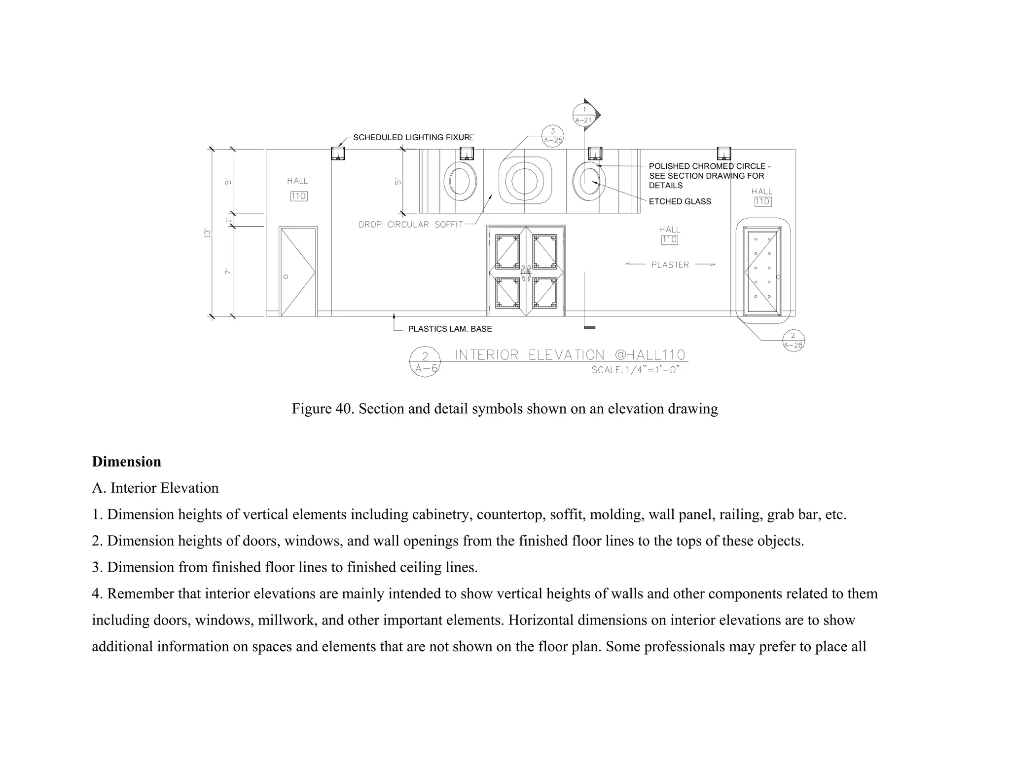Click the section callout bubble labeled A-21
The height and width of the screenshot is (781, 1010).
click(x=584, y=115)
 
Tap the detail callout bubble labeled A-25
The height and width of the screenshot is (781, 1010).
click(x=552, y=135)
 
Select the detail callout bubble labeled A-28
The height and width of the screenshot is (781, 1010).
click(x=793, y=340)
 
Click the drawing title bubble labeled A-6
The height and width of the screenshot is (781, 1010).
click(x=425, y=362)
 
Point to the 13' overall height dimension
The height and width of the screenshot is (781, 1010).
click(x=208, y=233)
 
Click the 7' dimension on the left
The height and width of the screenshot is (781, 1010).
click(x=227, y=272)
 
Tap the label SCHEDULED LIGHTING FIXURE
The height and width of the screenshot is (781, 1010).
click(x=412, y=138)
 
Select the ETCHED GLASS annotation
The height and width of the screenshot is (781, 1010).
click(x=680, y=201)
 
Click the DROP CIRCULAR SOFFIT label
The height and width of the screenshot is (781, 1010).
click(x=411, y=225)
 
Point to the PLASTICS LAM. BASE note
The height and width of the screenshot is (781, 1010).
click(x=450, y=329)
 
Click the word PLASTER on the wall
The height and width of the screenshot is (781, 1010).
click(x=670, y=265)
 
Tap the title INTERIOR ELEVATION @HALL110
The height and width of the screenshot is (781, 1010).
click(x=570, y=355)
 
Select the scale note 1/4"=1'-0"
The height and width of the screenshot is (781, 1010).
click(x=636, y=370)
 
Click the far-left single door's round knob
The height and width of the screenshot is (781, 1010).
click(x=286, y=276)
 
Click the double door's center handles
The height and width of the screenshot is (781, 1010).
click(x=526, y=272)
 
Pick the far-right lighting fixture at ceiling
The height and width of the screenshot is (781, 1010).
click(x=723, y=153)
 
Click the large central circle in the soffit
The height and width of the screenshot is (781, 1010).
click(x=525, y=180)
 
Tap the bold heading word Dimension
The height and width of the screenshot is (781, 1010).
click(x=126, y=462)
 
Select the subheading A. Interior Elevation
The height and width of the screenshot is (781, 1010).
click(x=155, y=488)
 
